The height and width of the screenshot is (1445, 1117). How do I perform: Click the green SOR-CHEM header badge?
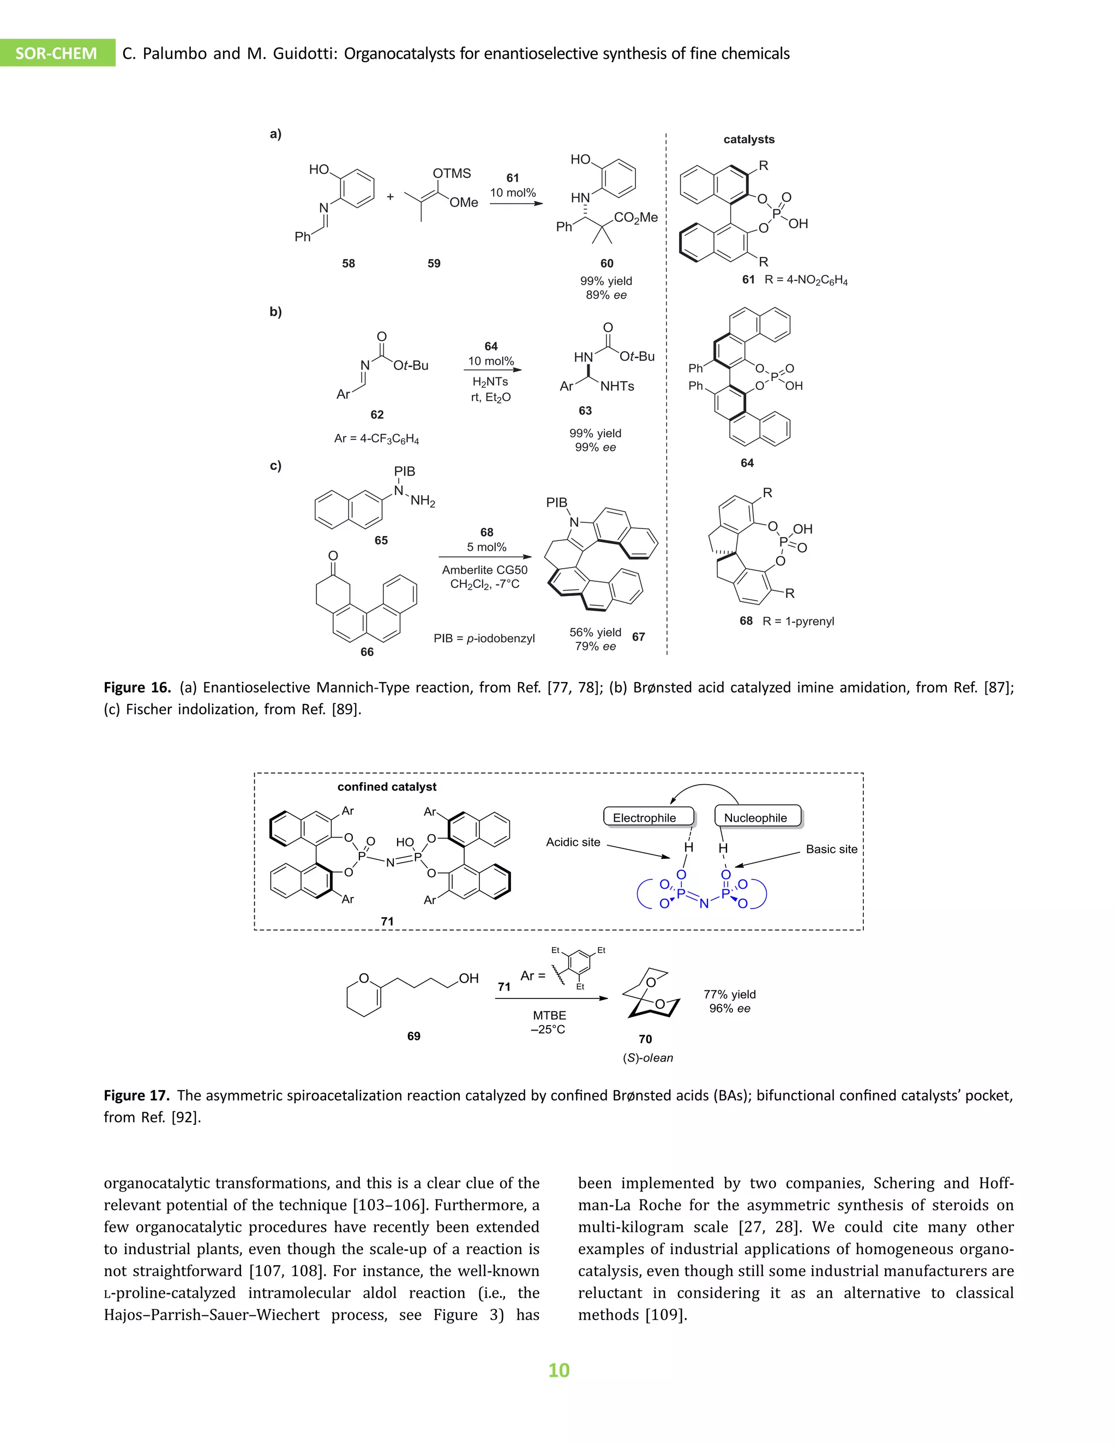point(56,53)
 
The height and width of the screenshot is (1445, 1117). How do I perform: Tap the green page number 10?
point(558,1370)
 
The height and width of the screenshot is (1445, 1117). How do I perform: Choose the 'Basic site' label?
point(831,849)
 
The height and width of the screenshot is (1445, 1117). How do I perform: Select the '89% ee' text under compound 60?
point(605,295)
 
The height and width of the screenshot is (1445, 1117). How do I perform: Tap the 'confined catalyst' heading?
point(387,787)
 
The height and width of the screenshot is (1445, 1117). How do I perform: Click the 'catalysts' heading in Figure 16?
point(748,140)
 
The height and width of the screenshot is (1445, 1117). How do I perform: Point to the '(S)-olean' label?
point(647,1058)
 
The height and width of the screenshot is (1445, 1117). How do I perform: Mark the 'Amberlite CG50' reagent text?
point(484,570)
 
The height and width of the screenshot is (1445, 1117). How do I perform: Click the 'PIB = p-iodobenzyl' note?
point(484,639)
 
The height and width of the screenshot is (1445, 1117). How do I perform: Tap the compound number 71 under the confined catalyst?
point(387,921)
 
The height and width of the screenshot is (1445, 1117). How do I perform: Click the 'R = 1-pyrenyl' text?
point(798,621)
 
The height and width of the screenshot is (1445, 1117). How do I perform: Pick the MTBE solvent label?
point(549,1015)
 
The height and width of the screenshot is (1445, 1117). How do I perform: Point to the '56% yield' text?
point(595,633)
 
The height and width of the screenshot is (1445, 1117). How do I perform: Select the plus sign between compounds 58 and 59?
point(391,196)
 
